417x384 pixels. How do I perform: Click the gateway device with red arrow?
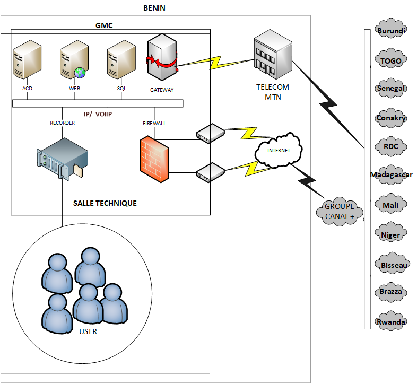point(162,57)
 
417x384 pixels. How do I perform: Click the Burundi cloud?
point(391,31)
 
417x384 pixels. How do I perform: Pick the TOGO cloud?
point(391,60)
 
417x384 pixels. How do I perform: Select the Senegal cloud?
point(391,89)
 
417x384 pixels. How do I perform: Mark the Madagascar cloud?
point(391,175)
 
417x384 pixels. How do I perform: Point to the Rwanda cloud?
point(391,321)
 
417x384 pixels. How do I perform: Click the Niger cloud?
point(391,234)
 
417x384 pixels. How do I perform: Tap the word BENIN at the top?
point(155,8)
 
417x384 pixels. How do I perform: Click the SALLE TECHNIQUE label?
point(105,203)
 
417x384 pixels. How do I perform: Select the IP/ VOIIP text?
point(100,114)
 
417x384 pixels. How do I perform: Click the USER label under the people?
point(88,332)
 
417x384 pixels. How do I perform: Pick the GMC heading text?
point(104,25)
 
